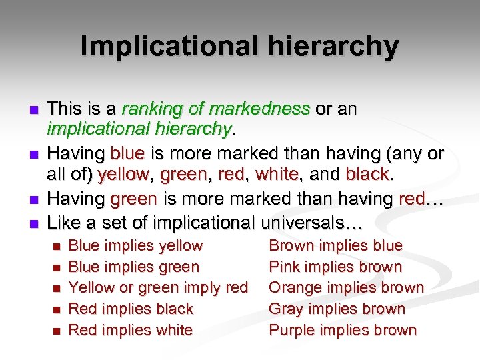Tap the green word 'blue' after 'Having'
tap(127, 154)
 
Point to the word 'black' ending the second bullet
tap(367, 175)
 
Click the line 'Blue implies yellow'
tap(135, 246)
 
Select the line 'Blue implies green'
tap(134, 267)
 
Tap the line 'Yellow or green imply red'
tap(159, 288)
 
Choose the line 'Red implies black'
tap(131, 309)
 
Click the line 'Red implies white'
tap(131, 330)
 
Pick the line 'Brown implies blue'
tap(335, 246)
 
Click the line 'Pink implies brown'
tap(335, 267)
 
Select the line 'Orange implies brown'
tap(346, 288)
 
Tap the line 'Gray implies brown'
tap(337, 309)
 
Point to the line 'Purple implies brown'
tap(342, 330)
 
